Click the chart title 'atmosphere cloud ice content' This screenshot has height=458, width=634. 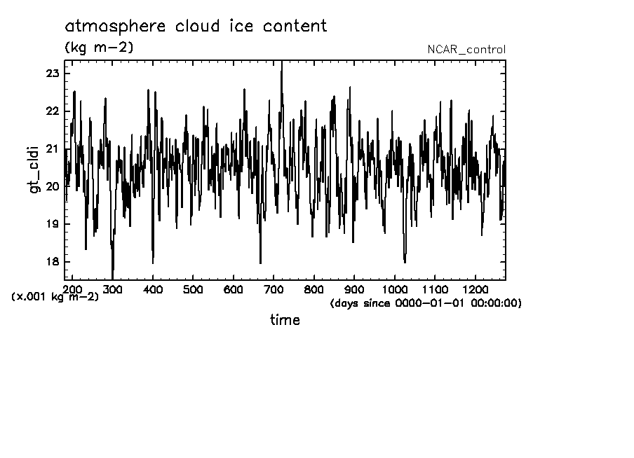pyautogui.click(x=196, y=27)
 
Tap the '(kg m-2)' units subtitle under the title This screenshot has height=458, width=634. pyautogui.click(x=99, y=48)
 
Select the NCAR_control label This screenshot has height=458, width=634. pyautogui.click(x=466, y=50)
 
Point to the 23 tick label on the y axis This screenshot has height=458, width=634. pyautogui.click(x=52, y=74)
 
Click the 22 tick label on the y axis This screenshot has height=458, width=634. pyautogui.click(x=52, y=111)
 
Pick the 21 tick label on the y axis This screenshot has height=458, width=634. pyautogui.click(x=52, y=149)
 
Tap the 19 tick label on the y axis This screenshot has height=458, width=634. pyautogui.click(x=52, y=224)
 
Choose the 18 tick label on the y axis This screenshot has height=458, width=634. pyautogui.click(x=52, y=262)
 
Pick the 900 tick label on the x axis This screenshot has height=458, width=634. pyautogui.click(x=355, y=289)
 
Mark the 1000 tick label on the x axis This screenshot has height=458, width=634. pyautogui.click(x=396, y=289)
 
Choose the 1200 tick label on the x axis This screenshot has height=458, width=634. pyautogui.click(x=476, y=289)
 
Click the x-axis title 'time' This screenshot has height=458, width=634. pyautogui.click(x=285, y=320)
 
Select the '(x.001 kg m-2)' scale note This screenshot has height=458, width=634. pyautogui.click(x=55, y=297)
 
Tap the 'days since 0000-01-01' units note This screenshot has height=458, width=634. pyautogui.click(x=426, y=303)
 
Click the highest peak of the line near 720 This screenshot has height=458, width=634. pyautogui.click(x=282, y=63)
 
